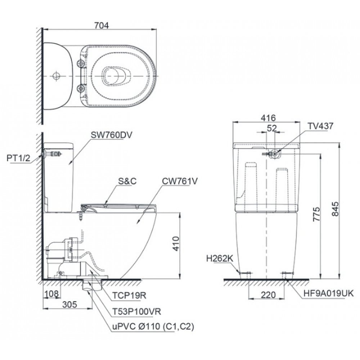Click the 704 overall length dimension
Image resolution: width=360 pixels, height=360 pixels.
[101, 25]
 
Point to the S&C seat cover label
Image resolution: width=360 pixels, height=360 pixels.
[127, 182]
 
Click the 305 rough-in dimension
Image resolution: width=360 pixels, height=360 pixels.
[69, 305]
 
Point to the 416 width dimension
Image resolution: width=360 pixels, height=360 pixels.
[268, 118]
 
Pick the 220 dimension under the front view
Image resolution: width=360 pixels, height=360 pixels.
[268, 295]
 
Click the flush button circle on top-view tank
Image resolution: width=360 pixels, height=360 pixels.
[56, 76]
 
